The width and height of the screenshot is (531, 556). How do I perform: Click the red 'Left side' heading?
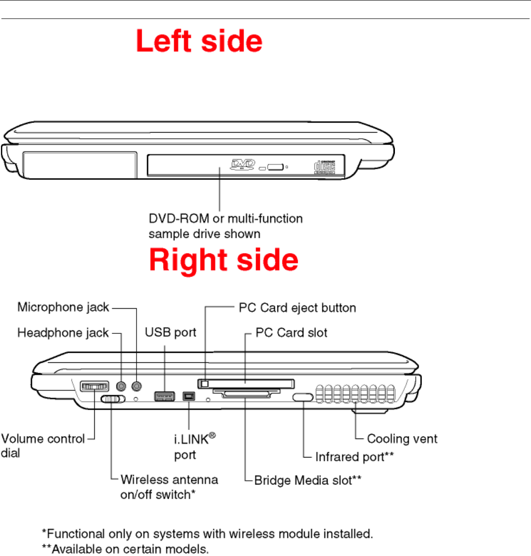(x=199, y=41)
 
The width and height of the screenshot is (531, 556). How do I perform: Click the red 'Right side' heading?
(x=224, y=260)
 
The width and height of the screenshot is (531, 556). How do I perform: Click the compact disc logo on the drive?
(x=325, y=167)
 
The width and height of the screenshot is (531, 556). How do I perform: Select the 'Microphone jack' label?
(x=63, y=307)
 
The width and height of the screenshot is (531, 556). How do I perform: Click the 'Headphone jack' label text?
(x=63, y=333)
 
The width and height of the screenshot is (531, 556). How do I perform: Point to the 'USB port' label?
(x=170, y=332)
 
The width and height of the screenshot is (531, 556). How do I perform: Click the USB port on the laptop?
(x=165, y=396)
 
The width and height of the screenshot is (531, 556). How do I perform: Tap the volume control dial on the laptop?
(x=94, y=387)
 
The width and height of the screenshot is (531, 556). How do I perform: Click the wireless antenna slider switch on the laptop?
(x=113, y=399)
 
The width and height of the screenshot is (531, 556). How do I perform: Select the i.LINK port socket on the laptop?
(x=189, y=396)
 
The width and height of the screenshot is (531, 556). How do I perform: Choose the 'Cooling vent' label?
(x=402, y=439)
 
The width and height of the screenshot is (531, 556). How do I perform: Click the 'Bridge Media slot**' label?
(x=308, y=480)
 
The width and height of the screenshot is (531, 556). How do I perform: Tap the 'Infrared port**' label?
(x=354, y=457)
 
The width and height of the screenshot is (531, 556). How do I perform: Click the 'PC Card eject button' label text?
(x=297, y=308)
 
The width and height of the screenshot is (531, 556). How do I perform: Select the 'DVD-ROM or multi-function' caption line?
(x=226, y=219)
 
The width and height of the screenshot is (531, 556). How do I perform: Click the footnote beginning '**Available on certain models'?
(x=126, y=549)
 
